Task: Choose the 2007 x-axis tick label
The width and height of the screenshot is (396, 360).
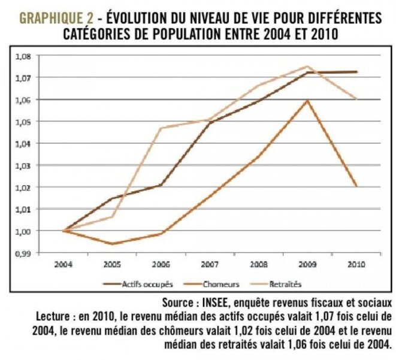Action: (x=209, y=264)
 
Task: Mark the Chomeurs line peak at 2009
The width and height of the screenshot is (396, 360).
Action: (x=308, y=100)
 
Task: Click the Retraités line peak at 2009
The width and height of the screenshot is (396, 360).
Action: (x=308, y=66)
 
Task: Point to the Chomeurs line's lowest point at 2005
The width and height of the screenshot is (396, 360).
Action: (x=111, y=244)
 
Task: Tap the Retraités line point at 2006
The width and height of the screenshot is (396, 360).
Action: (x=161, y=128)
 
